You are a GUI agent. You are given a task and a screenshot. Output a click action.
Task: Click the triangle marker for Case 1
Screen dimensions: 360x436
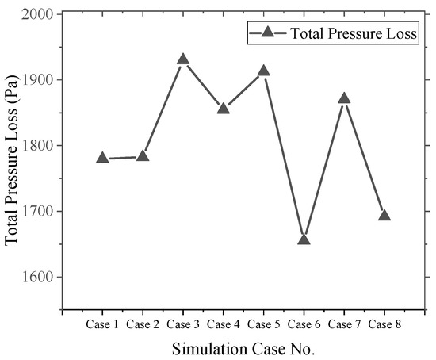102,158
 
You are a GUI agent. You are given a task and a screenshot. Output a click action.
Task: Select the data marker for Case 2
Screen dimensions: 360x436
143,156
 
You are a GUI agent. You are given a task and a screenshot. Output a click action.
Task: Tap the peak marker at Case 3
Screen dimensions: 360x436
183,59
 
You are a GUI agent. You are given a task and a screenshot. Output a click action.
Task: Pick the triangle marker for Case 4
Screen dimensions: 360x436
224,108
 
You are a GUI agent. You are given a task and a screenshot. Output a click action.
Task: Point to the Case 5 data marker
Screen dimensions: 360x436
263,71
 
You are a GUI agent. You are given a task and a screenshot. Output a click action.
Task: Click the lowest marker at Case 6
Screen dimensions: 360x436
304,239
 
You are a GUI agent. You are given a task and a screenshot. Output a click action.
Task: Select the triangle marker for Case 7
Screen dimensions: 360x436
344,98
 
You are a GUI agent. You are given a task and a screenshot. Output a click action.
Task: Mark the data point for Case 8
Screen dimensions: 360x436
384,216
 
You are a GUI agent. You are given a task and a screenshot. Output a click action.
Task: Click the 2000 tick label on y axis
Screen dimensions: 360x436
37,14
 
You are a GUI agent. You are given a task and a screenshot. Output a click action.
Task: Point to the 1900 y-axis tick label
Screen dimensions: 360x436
37,80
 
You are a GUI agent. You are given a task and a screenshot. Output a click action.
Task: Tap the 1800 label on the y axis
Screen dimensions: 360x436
37,146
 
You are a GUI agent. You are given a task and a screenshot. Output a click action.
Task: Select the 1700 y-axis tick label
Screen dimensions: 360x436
37,212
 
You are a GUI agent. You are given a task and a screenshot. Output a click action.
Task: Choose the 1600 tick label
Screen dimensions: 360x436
37,278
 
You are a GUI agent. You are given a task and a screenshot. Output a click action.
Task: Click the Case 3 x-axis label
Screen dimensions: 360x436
183,324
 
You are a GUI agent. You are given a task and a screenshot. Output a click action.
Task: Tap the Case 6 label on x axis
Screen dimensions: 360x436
304,324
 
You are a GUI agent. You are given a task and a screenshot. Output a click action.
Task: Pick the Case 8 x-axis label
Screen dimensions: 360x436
384,324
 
